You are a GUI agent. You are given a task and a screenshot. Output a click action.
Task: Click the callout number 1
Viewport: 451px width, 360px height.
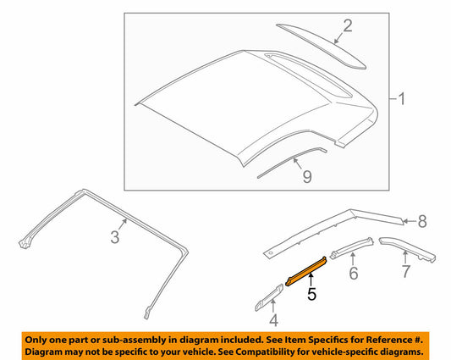click(x=402, y=99)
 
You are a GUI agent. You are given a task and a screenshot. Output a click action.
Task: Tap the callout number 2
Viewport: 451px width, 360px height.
click(x=348, y=25)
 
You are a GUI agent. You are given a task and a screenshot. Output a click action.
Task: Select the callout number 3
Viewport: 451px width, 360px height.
click(x=115, y=237)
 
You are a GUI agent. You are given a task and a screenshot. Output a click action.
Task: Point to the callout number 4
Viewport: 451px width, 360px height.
click(x=273, y=320)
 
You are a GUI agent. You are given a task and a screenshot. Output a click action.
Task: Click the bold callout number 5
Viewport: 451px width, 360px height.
click(x=311, y=294)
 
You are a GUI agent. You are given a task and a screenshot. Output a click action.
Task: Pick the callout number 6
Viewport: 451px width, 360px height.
click(x=353, y=273)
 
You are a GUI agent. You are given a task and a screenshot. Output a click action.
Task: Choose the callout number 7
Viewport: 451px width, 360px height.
click(x=405, y=271)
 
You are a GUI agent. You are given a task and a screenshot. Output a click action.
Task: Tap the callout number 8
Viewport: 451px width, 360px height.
click(x=422, y=221)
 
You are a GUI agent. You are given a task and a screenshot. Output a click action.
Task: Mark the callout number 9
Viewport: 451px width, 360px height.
click(x=307, y=176)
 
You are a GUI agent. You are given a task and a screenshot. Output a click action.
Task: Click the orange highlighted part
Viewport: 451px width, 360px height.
click(x=306, y=271)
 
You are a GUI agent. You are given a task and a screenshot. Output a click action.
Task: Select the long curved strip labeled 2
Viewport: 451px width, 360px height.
click(x=321, y=46)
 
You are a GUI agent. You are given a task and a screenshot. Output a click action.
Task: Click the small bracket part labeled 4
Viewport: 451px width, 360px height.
click(x=269, y=298)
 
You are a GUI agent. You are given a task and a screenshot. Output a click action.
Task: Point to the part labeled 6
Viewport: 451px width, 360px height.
click(x=351, y=247)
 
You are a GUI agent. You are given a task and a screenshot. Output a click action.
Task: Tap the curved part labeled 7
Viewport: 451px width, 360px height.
click(x=407, y=248)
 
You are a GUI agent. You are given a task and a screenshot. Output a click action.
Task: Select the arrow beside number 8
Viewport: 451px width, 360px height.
click(x=410, y=221)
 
